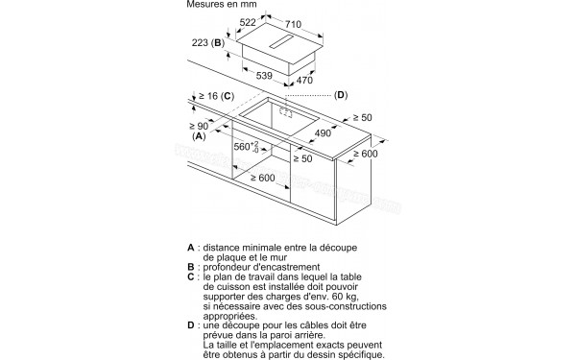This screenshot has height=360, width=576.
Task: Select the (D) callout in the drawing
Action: pyautogui.click(x=342, y=95)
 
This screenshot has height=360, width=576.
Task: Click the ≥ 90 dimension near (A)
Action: pyautogui.click(x=201, y=125)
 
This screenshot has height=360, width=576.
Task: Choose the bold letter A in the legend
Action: pyautogui.click(x=192, y=249)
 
